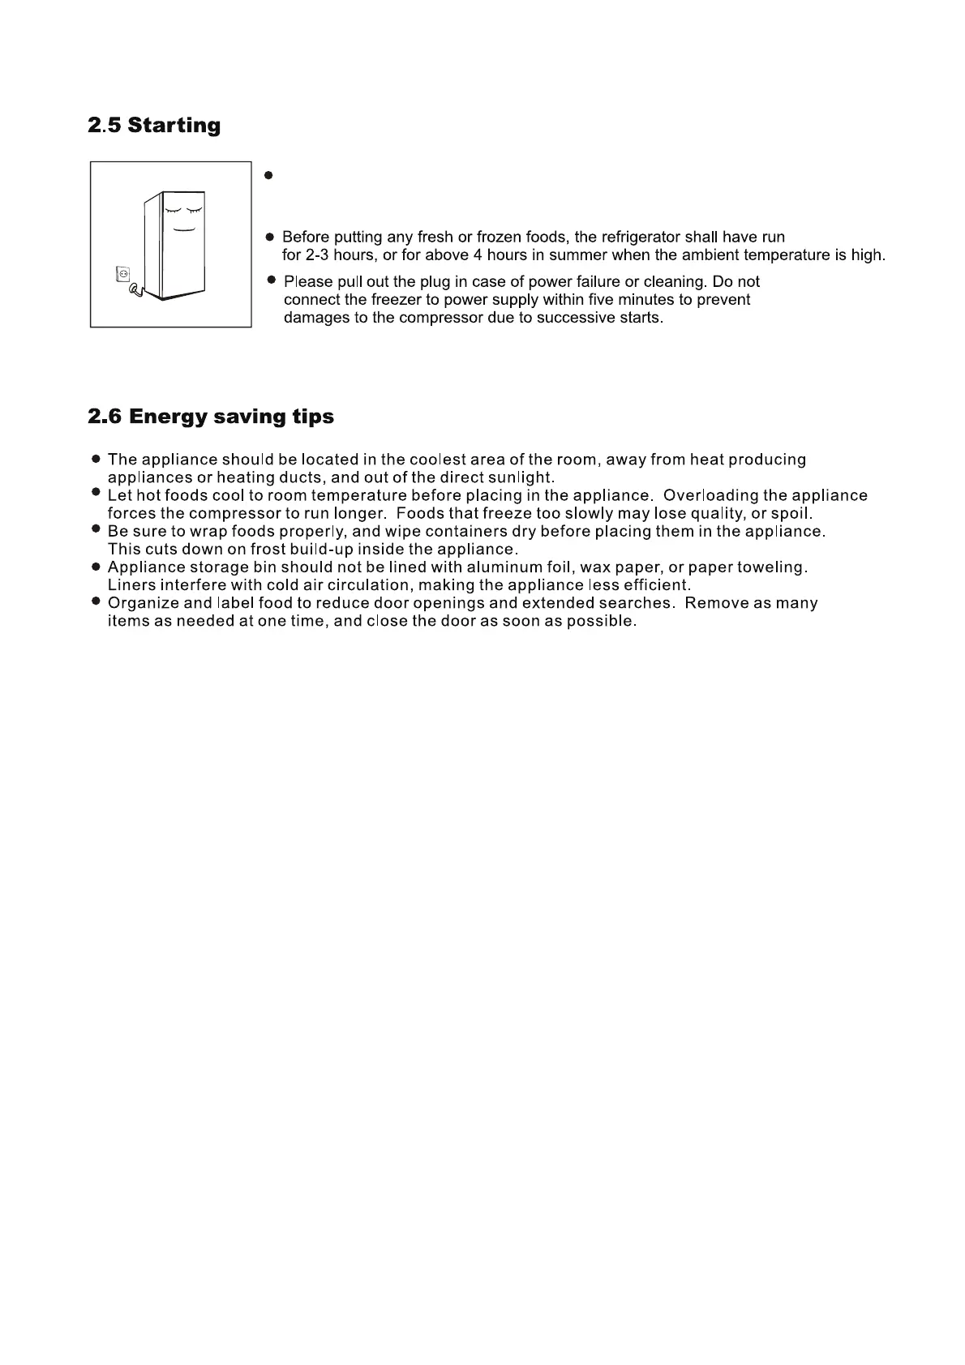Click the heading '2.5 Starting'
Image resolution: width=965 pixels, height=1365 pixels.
[x=154, y=126]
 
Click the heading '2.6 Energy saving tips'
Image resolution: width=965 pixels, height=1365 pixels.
[x=211, y=417]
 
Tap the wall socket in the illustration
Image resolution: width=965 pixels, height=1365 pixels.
[x=123, y=275]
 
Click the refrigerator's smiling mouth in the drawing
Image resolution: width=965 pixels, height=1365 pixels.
[x=183, y=230]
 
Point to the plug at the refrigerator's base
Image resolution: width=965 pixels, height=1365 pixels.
[x=135, y=287]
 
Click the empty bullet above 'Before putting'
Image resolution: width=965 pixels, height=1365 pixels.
[x=268, y=175]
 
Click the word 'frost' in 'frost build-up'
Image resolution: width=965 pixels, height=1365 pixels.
[x=268, y=550]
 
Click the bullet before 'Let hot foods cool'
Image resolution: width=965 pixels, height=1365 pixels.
[x=96, y=494]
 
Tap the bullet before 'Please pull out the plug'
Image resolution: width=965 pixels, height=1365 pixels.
[x=272, y=280]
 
